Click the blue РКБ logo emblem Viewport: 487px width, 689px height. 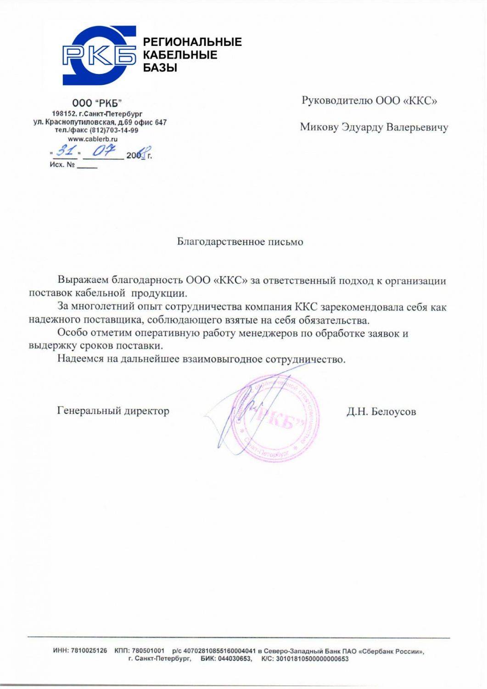99,55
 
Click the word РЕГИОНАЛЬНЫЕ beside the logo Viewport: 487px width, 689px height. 192,42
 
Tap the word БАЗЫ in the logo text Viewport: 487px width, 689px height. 160,68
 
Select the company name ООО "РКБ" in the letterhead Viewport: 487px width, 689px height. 97,103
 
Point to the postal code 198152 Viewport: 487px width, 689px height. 64,113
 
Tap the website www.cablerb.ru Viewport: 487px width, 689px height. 93,139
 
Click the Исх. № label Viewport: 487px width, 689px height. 62,164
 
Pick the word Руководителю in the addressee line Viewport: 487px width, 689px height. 337,101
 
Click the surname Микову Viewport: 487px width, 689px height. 319,127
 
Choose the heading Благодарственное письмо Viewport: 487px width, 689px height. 240,242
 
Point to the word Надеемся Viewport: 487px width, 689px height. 80,359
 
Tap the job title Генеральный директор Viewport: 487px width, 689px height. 113,411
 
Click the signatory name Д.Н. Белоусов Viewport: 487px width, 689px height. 381,412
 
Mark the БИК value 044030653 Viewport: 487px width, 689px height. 235,659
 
